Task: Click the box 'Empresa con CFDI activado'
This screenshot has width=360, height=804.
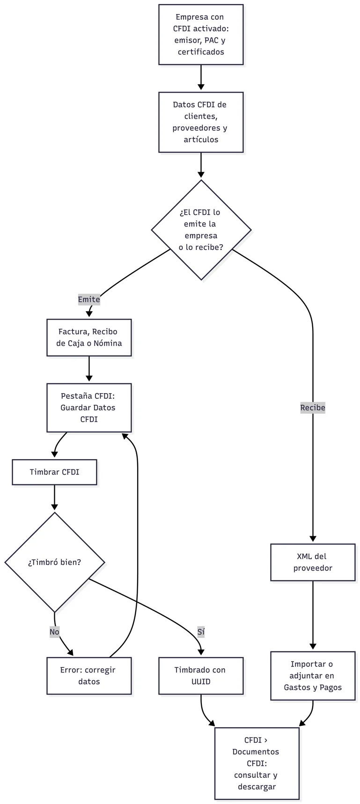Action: pyautogui.click(x=201, y=35)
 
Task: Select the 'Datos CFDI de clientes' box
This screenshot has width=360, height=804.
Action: pyautogui.click(x=201, y=122)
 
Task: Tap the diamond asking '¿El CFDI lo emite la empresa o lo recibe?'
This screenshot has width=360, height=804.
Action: pyautogui.click(x=201, y=230)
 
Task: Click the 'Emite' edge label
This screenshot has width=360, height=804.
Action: pyautogui.click(x=89, y=299)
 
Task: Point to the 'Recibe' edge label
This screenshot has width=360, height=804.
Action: pyautogui.click(x=313, y=408)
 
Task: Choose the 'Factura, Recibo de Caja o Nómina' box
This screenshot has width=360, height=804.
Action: pyautogui.click(x=89, y=337)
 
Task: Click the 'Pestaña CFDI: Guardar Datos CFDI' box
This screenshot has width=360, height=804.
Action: pyautogui.click(x=89, y=408)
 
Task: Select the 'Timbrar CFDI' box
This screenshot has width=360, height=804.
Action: pyautogui.click(x=55, y=472)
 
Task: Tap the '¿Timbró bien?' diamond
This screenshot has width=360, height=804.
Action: pyautogui.click(x=55, y=562)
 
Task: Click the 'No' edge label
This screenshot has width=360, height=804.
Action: pyautogui.click(x=54, y=632)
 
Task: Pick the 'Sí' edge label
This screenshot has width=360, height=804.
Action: pyautogui.click(x=201, y=632)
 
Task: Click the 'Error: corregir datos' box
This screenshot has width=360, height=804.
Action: pyautogui.click(x=89, y=676)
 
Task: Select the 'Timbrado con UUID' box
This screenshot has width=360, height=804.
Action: pyautogui.click(x=201, y=676)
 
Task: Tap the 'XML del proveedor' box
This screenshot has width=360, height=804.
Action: pyautogui.click(x=313, y=562)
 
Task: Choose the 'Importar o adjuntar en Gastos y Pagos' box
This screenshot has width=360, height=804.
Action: pyautogui.click(x=313, y=676)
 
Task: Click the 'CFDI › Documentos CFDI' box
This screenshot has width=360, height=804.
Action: pyautogui.click(x=257, y=763)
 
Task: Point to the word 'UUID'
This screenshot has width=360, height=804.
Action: pyautogui.click(x=201, y=681)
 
